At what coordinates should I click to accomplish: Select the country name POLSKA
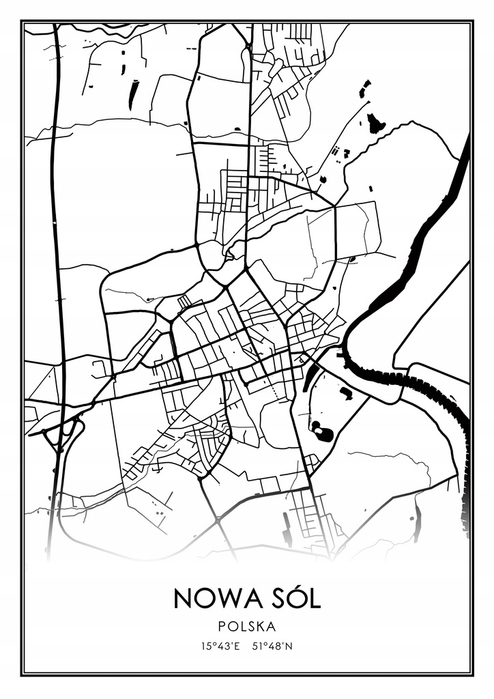(247, 626)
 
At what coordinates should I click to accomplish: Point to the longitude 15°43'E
(219, 645)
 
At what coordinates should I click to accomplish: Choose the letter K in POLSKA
(262, 626)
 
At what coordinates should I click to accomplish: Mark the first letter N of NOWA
(183, 599)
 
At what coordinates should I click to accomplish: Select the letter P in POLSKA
(223, 626)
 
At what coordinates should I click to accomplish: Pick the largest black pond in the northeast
(375, 124)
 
